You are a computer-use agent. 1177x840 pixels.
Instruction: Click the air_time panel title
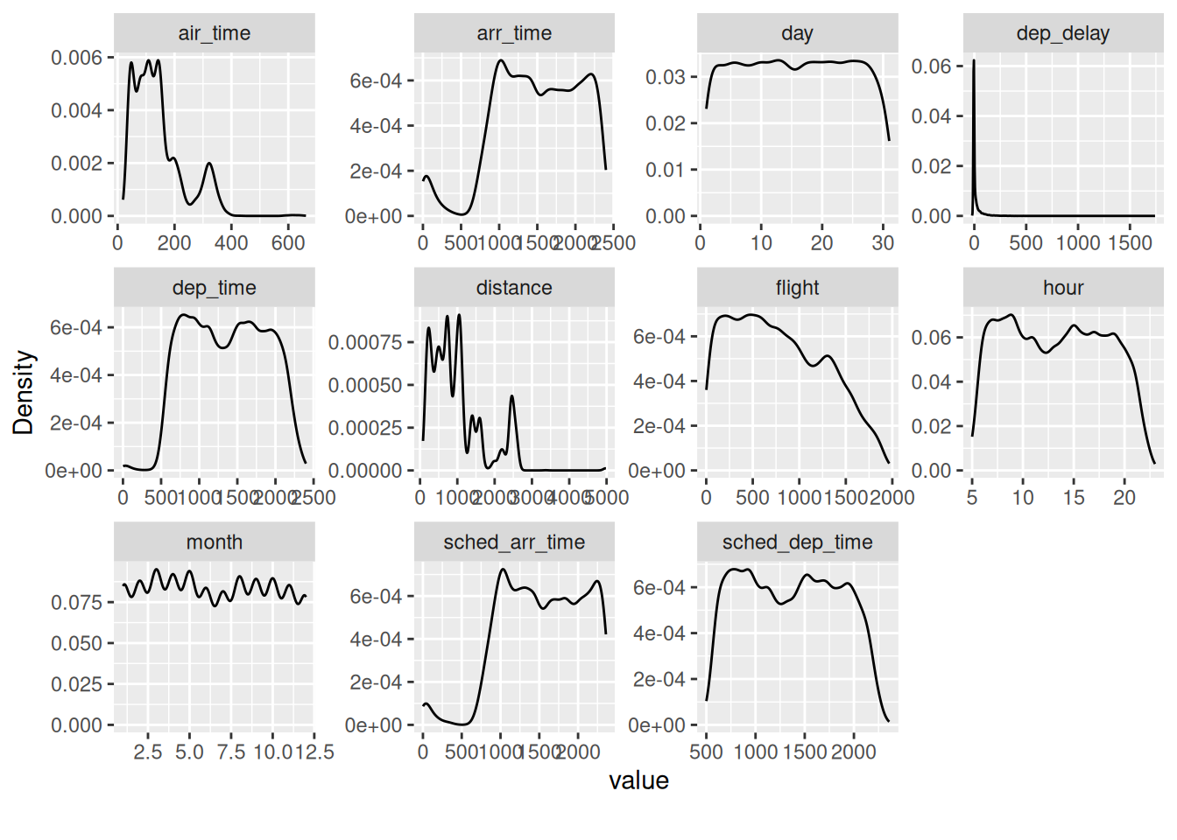[214, 33]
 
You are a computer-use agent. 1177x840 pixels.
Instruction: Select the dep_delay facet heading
[1062, 33]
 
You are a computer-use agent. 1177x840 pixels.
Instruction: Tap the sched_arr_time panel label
[514, 542]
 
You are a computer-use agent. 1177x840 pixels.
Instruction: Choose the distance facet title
[514, 288]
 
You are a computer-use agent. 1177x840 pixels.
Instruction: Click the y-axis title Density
[24, 392]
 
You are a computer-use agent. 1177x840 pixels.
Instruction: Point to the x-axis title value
[638, 780]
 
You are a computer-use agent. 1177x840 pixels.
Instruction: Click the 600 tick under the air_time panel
[287, 242]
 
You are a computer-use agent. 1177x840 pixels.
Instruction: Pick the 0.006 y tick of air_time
[77, 58]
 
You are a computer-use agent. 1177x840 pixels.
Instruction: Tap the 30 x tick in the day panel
[883, 242]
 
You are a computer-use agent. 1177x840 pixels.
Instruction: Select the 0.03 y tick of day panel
[666, 77]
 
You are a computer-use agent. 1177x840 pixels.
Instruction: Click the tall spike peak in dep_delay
[974, 61]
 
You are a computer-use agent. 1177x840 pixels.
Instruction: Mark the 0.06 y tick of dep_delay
[931, 66]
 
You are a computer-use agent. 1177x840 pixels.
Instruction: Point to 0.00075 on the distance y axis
[365, 342]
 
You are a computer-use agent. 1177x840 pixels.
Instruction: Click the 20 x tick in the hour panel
[1124, 497]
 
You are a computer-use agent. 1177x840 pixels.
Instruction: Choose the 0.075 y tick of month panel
[77, 602]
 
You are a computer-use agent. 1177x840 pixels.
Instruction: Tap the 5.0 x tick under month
[189, 752]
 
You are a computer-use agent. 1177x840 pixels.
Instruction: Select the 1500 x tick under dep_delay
[1130, 242]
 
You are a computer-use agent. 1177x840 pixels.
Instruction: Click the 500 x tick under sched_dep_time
[707, 752]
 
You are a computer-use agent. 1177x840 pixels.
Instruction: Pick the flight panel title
[797, 288]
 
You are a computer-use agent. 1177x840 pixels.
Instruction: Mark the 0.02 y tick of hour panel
[931, 426]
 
